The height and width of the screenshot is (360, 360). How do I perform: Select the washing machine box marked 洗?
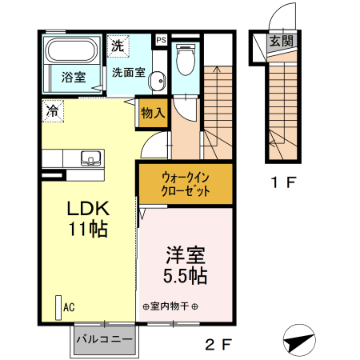pos(118,46)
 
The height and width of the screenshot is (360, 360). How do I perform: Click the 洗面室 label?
pos(128,72)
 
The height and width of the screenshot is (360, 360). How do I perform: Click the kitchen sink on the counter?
pos(90,158)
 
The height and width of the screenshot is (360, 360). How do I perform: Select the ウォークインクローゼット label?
pos(186,185)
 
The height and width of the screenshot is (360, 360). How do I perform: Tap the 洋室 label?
pos(186,258)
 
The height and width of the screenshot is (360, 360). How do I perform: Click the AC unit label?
pos(69,306)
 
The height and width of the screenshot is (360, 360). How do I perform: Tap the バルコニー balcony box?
pos(104,339)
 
